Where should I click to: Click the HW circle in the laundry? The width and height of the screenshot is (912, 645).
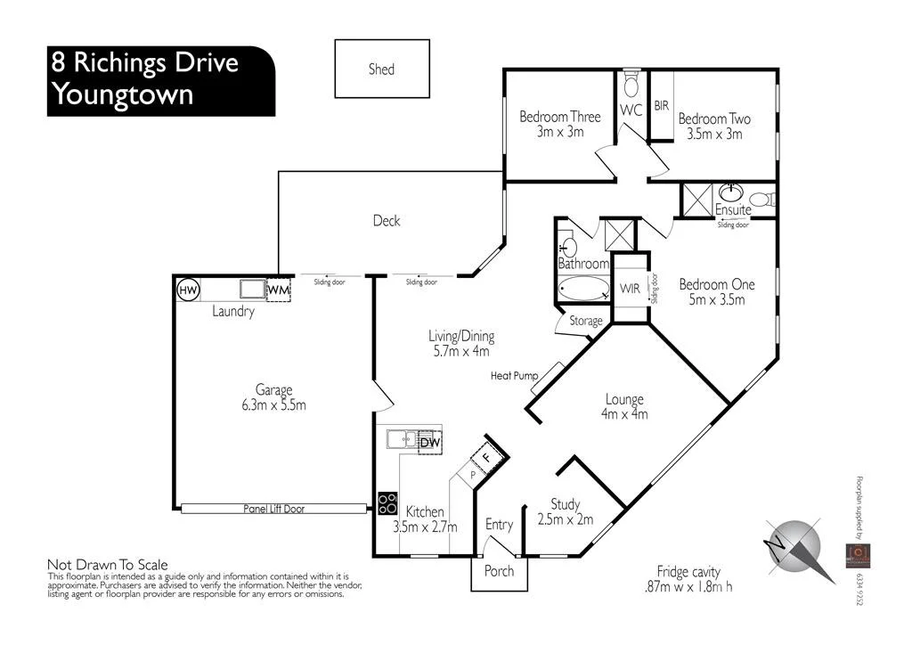188,290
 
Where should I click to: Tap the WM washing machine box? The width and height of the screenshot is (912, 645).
279,290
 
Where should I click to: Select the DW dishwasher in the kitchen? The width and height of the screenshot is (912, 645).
430,441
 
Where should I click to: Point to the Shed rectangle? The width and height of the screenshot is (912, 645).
381,69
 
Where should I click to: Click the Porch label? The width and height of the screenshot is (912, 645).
499,570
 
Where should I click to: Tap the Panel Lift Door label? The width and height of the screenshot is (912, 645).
273,509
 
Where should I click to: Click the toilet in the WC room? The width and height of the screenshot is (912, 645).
631,86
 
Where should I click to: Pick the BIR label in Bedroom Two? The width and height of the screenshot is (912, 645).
661,105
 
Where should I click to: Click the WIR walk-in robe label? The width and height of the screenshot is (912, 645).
631,290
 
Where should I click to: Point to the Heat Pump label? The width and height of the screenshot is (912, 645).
514,376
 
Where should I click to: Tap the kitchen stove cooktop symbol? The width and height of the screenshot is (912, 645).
387,503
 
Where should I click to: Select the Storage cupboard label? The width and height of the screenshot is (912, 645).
584,321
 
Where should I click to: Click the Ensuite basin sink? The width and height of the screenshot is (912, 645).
732,191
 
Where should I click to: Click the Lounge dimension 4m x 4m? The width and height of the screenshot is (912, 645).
624,414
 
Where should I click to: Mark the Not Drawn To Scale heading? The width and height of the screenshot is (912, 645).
107,565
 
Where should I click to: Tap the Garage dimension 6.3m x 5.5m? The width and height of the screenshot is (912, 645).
273,405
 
